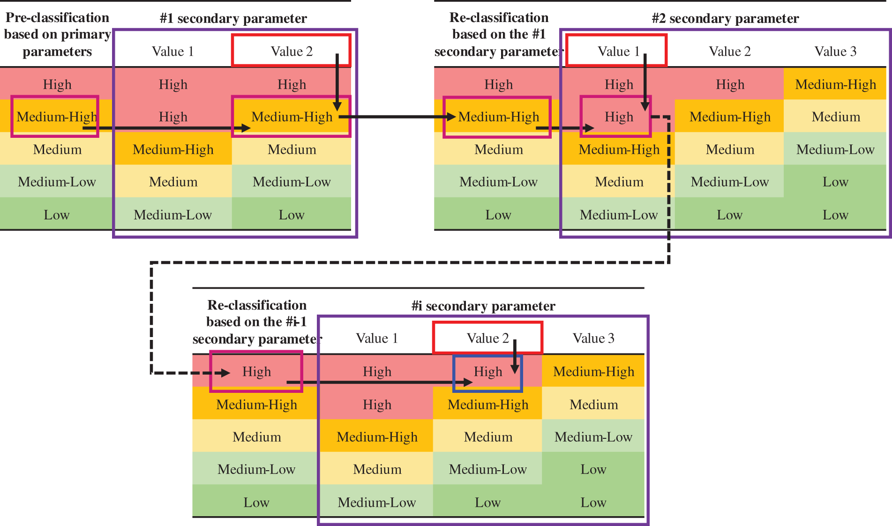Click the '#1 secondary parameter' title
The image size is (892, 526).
tap(233, 18)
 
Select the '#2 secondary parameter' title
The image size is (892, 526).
tap(725, 18)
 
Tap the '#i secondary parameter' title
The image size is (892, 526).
tap(483, 306)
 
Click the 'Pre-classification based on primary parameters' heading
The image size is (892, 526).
tap(57, 34)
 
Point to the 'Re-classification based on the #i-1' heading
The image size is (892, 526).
tap(257, 322)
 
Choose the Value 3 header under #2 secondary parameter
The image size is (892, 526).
tap(835, 51)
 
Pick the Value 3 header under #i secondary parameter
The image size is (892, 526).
tap(593, 338)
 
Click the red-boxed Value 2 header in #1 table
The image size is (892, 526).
tap(291, 51)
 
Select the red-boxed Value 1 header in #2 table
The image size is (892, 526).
tap(616, 51)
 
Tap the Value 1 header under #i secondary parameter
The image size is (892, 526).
tap(377, 338)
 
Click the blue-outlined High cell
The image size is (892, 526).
tap(487, 372)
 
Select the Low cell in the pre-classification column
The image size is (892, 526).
tap(57, 215)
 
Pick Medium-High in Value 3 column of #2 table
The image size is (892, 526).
tap(835, 84)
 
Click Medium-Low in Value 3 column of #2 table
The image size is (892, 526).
tap(835, 150)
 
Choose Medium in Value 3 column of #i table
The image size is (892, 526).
tap(593, 405)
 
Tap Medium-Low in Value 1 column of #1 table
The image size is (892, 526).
tap(173, 215)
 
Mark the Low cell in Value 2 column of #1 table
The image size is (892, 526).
tap(291, 215)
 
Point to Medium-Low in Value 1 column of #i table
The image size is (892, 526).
tap(377, 503)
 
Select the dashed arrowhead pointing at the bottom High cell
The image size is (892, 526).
tap(225, 373)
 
